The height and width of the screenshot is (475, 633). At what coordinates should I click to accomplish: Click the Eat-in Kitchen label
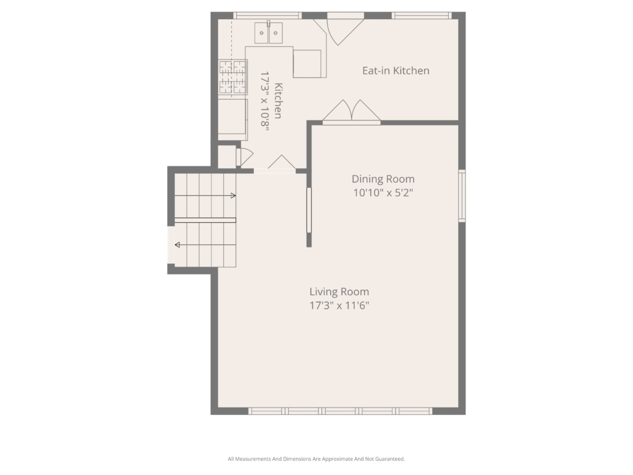[x=396, y=71]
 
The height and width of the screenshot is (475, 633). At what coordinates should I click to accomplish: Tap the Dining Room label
[x=383, y=179]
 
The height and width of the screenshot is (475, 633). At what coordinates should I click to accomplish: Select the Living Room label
[x=339, y=292]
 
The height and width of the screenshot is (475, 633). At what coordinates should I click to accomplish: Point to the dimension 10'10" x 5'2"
[x=383, y=193]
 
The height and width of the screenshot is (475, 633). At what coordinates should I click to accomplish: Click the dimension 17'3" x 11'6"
[x=339, y=306]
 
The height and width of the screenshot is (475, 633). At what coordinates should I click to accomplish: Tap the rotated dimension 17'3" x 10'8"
[x=265, y=100]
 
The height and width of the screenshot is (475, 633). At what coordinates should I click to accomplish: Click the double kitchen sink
[x=268, y=33]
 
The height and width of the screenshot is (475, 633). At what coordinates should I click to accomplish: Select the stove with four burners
[x=233, y=77]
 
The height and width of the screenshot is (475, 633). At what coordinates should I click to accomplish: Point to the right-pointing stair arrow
[x=205, y=196]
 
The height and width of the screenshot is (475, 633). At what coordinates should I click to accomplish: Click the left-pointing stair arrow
[x=205, y=245]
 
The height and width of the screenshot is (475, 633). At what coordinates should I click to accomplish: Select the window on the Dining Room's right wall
[x=462, y=196]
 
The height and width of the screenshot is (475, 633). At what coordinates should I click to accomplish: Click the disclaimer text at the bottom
[x=316, y=459]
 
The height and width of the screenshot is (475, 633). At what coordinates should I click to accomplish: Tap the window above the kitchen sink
[x=267, y=15]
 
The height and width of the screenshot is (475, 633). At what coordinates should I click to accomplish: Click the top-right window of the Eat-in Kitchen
[x=422, y=15]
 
